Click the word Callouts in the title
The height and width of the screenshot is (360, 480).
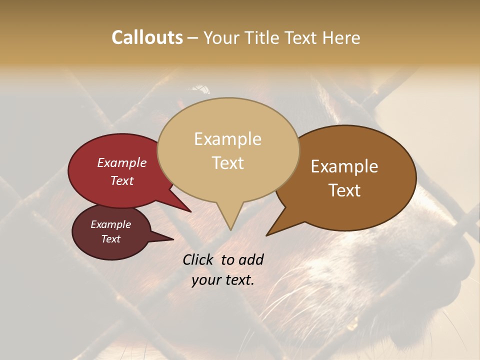point(147,37)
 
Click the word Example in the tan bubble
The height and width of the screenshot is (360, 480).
point(227,139)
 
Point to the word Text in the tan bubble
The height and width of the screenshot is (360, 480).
point(228,162)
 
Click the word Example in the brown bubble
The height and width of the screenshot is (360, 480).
point(344,166)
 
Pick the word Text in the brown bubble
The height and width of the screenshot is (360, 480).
point(345,190)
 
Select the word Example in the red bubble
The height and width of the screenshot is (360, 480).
point(121,162)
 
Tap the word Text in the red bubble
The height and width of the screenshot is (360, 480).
point(121,180)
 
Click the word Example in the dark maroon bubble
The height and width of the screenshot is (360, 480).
point(110,224)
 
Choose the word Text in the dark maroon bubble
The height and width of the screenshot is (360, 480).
point(110,238)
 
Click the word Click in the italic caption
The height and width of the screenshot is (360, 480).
point(198,259)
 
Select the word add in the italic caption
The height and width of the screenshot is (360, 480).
point(251,259)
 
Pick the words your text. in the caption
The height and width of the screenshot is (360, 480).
point(223,280)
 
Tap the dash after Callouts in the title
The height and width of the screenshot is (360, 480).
point(193,38)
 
